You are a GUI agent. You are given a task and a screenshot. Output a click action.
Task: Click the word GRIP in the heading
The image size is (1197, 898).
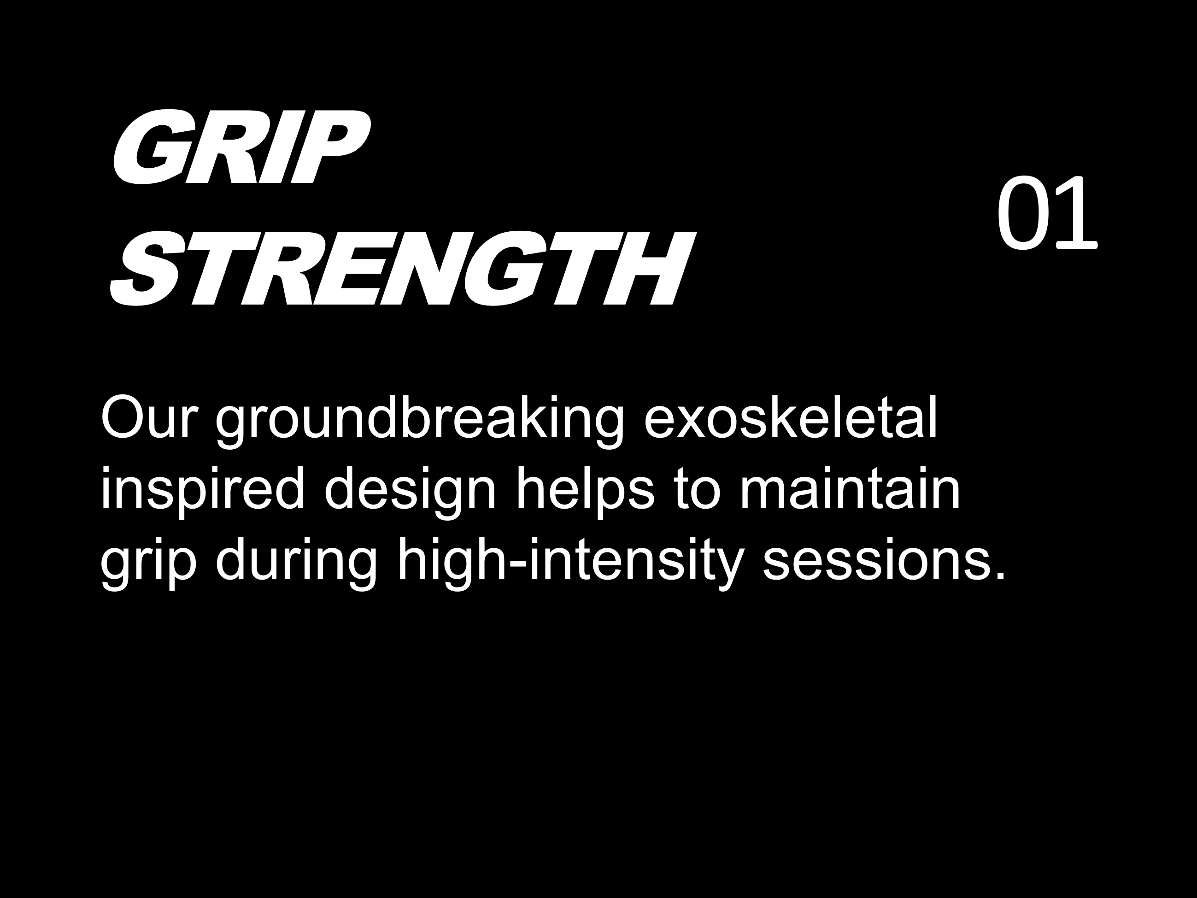click(x=241, y=147)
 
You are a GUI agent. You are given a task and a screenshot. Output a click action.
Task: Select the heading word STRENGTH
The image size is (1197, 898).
click(x=403, y=269)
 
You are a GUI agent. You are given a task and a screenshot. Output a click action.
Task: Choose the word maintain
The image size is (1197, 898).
click(x=850, y=487)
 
